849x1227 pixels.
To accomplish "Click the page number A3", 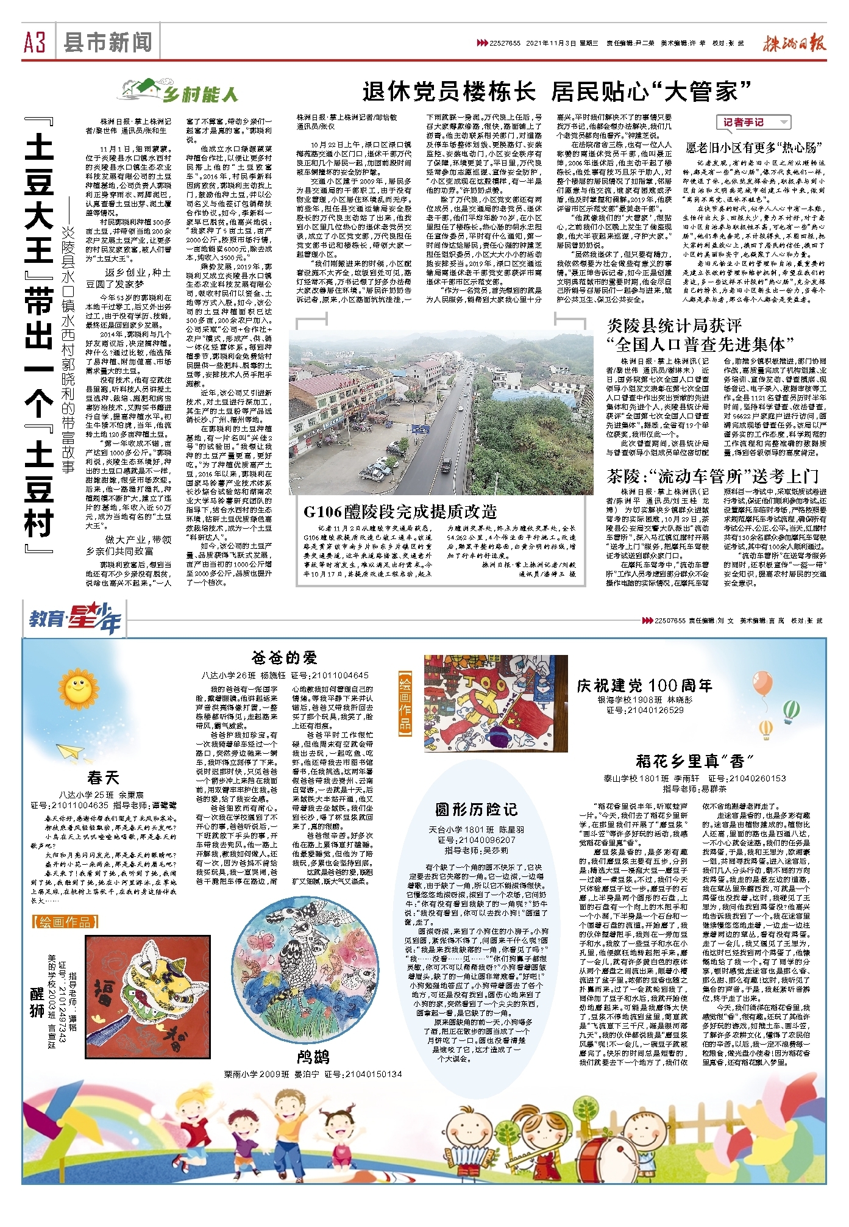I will [x=34, y=43].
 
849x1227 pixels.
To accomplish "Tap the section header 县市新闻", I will [x=107, y=43].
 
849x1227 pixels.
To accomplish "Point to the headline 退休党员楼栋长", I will [x=449, y=91].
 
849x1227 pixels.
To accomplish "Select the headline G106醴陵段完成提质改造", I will [x=400, y=511].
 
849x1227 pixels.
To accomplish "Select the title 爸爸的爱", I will [x=285, y=657].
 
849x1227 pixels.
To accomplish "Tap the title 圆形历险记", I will [x=477, y=809].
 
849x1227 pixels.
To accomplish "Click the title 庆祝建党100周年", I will [x=645, y=685].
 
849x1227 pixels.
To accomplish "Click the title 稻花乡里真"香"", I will [x=694, y=760].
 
